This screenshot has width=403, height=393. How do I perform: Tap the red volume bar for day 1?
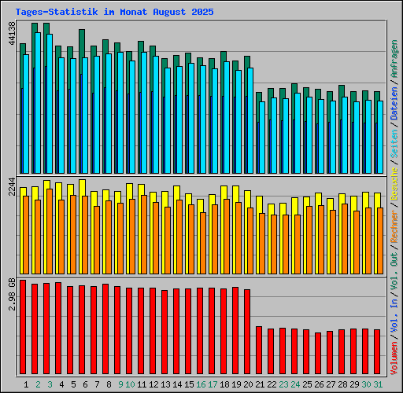[23, 327]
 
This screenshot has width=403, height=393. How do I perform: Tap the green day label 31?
[378, 384]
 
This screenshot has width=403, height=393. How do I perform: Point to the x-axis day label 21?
[260, 384]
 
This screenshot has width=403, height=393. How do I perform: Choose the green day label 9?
[120, 384]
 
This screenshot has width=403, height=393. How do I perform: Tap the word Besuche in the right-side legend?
[394, 182]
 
